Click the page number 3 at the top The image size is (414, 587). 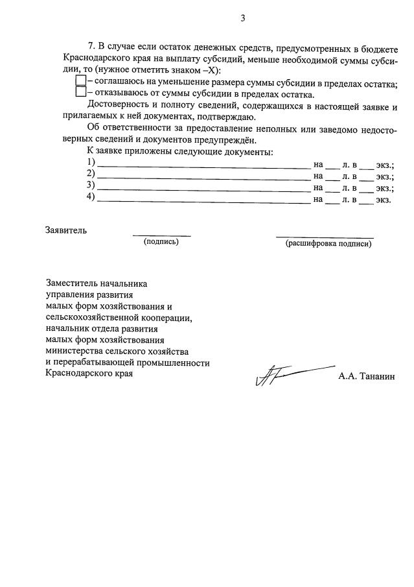coord(243,18)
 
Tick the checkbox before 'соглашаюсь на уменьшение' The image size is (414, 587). coord(81,81)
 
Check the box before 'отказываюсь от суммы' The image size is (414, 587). coord(81,92)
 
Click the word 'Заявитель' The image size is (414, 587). coord(65,230)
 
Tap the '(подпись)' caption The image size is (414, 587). coord(161,242)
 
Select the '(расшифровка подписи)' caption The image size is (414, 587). coord(328,244)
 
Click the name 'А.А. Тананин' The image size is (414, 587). coord(365,376)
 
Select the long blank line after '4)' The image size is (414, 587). coord(203,202)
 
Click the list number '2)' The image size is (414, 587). coord(91,174)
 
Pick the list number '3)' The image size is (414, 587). coord(91,186)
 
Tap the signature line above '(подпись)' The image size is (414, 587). coord(161,235)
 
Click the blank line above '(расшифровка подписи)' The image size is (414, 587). coord(325,237)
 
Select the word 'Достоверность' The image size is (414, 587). coord(117,105)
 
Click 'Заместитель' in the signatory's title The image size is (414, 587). coord(71,283)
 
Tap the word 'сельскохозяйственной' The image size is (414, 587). coord(92,317)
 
